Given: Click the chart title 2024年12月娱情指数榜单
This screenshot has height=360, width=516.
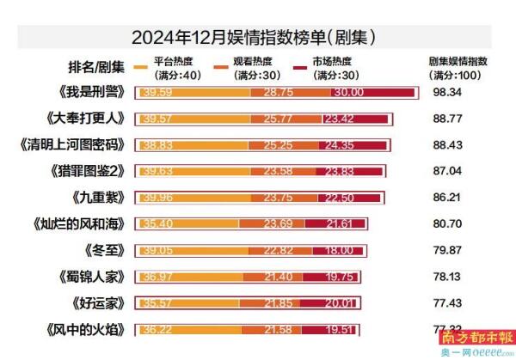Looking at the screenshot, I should point(258,37).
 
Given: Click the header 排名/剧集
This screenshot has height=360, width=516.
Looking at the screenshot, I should point(95,68).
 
